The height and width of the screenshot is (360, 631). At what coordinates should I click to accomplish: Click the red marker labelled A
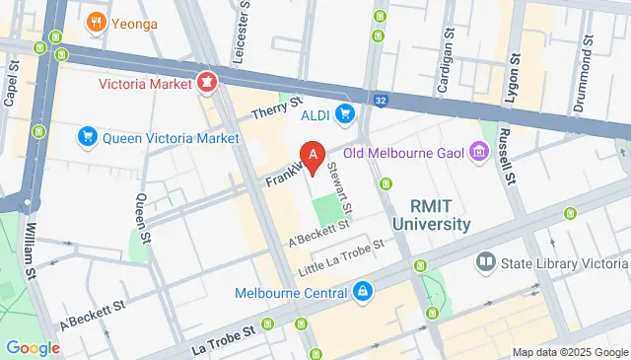click(314, 156)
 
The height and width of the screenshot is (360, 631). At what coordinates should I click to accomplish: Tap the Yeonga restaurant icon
click(96, 23)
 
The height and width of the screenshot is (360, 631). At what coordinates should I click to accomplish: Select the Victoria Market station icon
click(207, 83)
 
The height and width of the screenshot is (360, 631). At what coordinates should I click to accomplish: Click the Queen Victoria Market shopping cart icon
click(88, 137)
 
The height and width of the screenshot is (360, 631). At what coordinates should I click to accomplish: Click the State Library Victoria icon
click(484, 261)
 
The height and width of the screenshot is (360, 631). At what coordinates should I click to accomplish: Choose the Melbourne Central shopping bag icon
click(363, 292)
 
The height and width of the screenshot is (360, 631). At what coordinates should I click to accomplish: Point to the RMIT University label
click(431, 215)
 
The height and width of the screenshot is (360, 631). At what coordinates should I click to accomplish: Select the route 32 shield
click(380, 99)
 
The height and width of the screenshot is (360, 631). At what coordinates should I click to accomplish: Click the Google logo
click(34, 347)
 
